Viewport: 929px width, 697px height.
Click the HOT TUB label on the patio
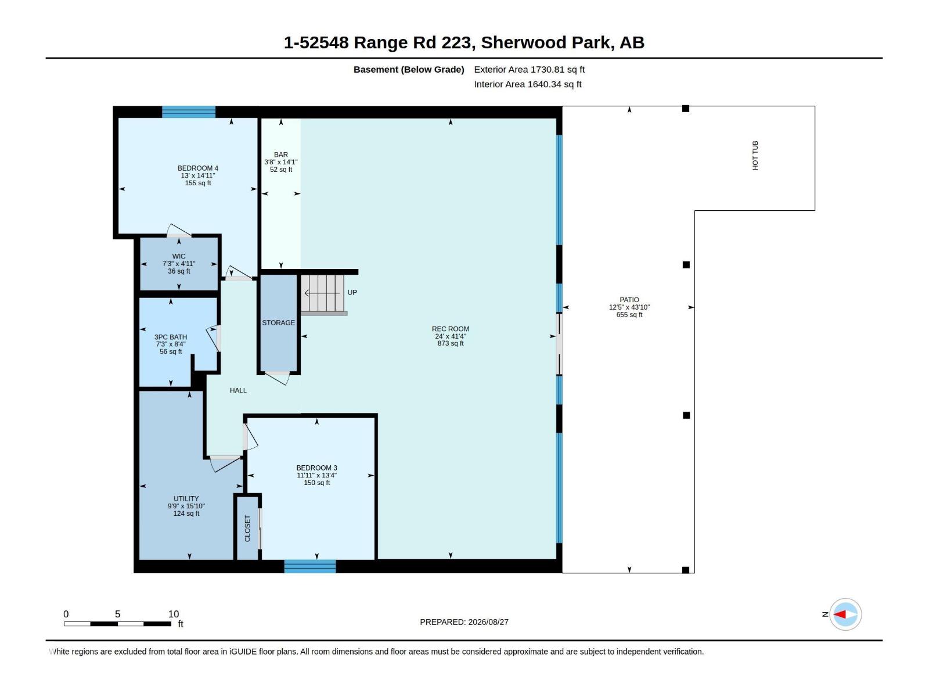[755, 155]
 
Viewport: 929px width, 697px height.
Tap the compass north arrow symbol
[845, 614]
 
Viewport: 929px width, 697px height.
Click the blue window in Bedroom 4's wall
[189, 112]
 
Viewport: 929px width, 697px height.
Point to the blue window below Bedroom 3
[310, 566]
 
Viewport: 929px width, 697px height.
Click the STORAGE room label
[279, 323]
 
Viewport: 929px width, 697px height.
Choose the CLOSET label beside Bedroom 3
[247, 529]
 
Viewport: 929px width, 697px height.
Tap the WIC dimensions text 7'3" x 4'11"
[179, 264]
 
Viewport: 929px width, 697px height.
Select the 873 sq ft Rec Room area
[451, 343]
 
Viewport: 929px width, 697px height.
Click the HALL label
[238, 390]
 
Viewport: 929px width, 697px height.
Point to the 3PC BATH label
[171, 337]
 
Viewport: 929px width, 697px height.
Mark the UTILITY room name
[186, 498]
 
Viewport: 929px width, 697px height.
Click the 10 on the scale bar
[174, 614]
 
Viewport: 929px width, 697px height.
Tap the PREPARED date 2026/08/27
[488, 622]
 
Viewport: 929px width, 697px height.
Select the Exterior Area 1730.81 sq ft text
[530, 69]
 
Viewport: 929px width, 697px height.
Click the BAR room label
[281, 155]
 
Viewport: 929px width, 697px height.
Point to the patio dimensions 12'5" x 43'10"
[629, 307]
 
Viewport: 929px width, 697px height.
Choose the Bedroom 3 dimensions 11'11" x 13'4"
[316, 475]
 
